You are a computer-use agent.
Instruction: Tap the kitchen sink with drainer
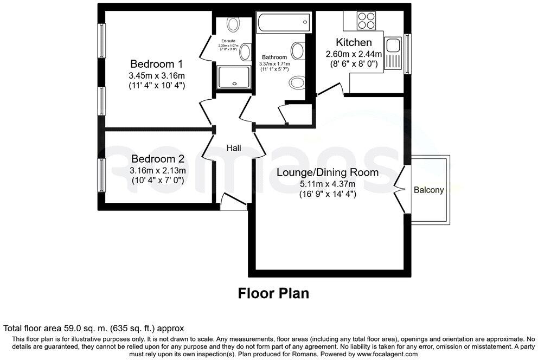(393, 53)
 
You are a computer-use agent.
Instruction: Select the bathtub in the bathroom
(285, 24)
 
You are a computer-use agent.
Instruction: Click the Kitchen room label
(354, 42)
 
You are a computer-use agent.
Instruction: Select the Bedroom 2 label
(158, 159)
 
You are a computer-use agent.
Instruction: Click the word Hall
(234, 148)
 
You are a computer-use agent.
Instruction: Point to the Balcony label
(428, 190)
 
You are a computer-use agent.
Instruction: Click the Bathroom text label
(274, 57)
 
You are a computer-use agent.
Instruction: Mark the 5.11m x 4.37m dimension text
(328, 184)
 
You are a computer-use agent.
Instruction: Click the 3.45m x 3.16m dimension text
(157, 75)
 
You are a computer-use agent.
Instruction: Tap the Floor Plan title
(274, 294)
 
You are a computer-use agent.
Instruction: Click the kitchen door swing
(332, 90)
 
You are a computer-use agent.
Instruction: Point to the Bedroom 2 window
(100, 175)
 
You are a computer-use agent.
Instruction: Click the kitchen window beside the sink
(407, 53)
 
